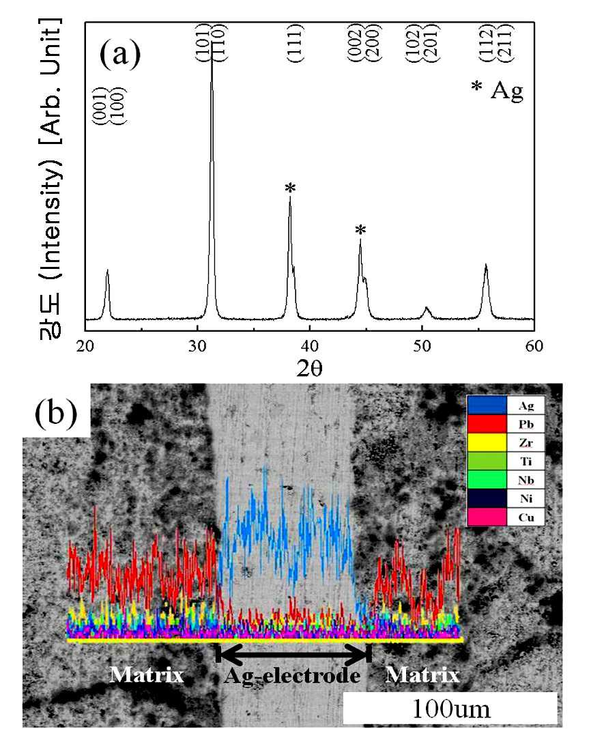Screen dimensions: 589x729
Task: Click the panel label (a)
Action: pyautogui.click(x=120, y=55)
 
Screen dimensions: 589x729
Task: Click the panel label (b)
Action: pyautogui.click(x=56, y=412)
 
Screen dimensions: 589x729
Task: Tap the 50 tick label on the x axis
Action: pyautogui.click(x=422, y=346)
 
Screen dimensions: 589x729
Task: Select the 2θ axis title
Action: pyautogui.click(x=309, y=369)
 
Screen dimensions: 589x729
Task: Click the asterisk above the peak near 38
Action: pyautogui.click(x=290, y=188)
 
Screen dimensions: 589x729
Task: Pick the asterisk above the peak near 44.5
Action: pyautogui.click(x=360, y=229)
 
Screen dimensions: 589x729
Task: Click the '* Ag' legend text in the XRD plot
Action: pyautogui.click(x=498, y=90)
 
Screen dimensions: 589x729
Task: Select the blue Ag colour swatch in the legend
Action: pyautogui.click(x=487, y=405)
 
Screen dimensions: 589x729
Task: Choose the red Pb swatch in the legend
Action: pyautogui.click(x=487, y=424)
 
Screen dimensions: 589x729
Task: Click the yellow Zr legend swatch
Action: pyautogui.click(x=487, y=442)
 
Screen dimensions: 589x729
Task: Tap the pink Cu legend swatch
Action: pyautogui.click(x=487, y=517)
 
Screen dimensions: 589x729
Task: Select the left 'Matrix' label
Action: pyautogui.click(x=147, y=674)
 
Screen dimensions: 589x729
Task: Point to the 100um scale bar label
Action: pyautogui.click(x=451, y=709)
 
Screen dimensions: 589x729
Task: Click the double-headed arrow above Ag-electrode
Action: pyautogui.click(x=293, y=654)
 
